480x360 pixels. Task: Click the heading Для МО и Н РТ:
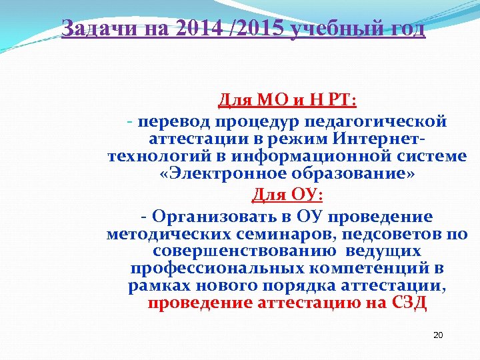[x=287, y=101]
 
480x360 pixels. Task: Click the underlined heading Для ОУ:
[x=287, y=195]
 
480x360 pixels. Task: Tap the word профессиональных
[x=207, y=269]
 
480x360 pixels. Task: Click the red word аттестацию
[x=307, y=304]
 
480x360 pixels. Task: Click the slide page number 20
[x=438, y=335]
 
